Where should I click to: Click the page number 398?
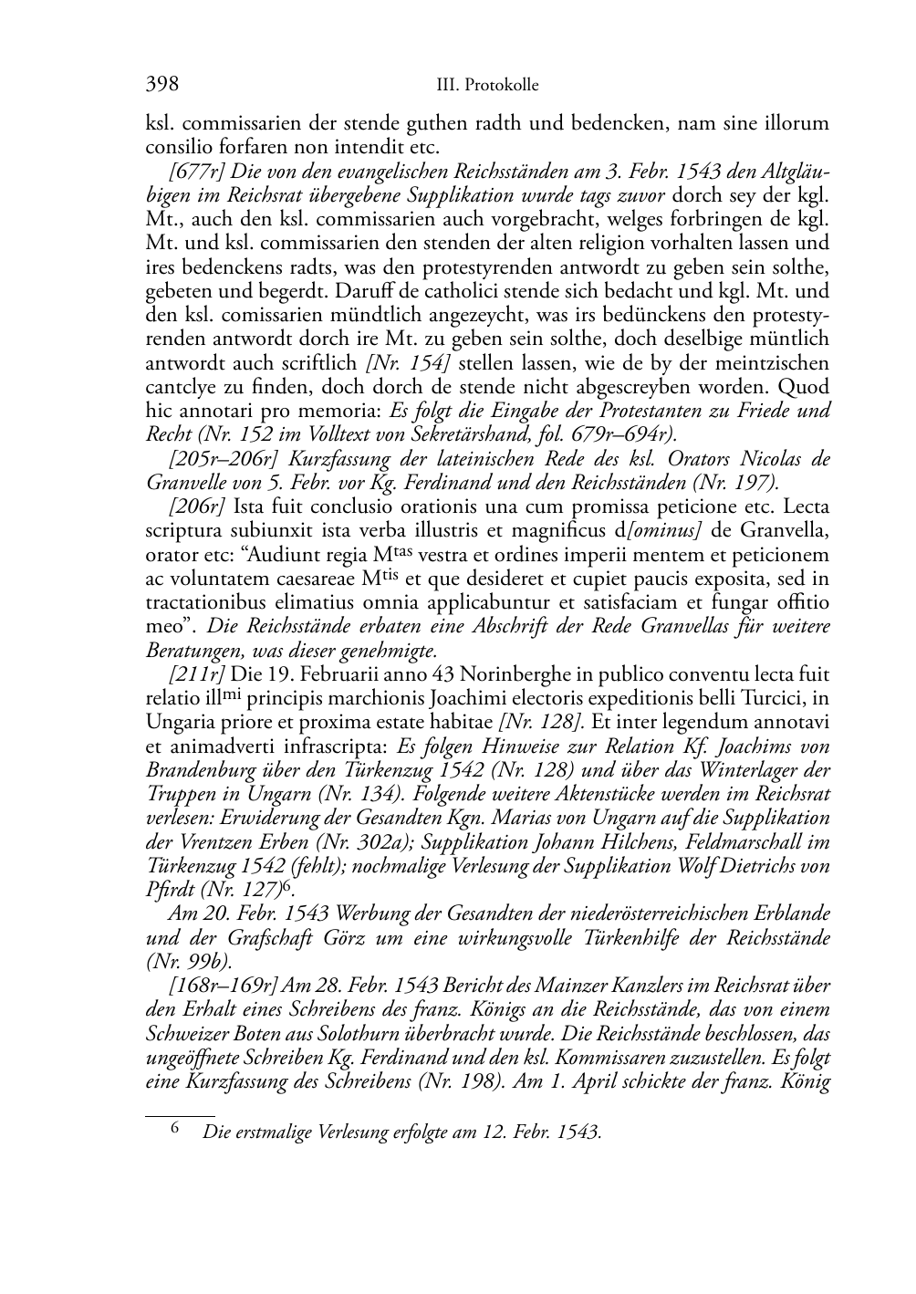point(161,85)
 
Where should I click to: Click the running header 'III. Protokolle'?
point(487,86)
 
